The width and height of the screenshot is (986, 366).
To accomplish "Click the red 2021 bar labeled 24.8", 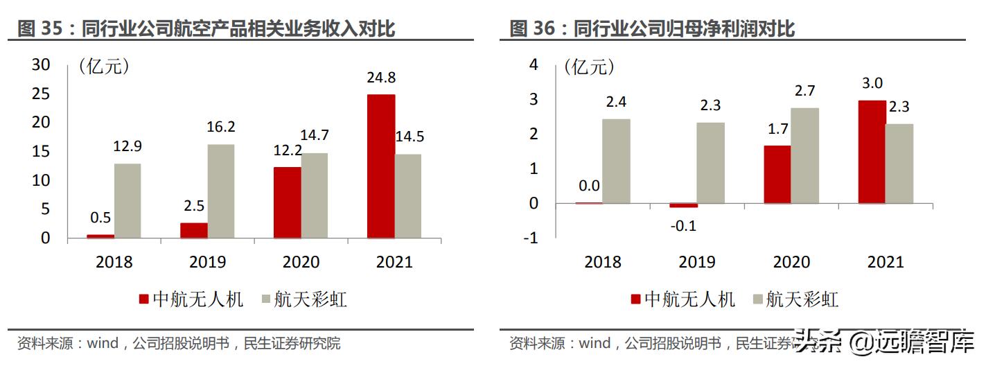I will click(x=380, y=166).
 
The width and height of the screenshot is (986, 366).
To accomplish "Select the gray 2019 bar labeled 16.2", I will click(x=221, y=191).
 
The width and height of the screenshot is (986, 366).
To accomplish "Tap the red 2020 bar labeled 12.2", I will click(x=288, y=202).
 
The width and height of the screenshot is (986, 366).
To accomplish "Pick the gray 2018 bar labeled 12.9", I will click(x=127, y=200).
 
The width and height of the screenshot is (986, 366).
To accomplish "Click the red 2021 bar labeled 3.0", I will click(x=872, y=152).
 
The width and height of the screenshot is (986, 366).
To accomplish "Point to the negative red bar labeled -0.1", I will click(x=683, y=206).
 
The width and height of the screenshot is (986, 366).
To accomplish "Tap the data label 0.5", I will click(x=100, y=218).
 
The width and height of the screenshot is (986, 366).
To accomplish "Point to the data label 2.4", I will click(x=616, y=102).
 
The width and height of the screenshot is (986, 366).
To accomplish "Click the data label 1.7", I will click(x=777, y=128).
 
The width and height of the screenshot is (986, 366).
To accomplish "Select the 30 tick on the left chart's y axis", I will click(x=42, y=64).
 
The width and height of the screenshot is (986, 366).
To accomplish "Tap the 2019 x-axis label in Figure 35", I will click(x=207, y=262).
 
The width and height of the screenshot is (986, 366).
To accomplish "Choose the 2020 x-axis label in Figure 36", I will click(x=791, y=262).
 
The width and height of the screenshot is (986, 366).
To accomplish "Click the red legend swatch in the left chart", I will click(x=144, y=299).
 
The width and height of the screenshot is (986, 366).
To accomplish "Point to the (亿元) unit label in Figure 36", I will click(x=589, y=67).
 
